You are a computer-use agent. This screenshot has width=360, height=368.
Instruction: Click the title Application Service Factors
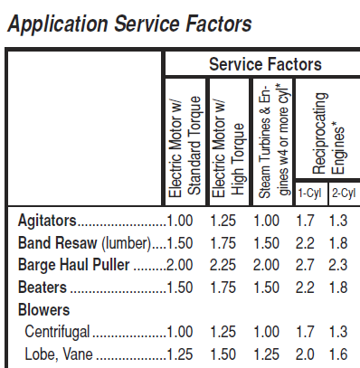pyautogui.click(x=129, y=24)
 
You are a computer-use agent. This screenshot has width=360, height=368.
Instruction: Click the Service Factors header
pyautogui.click(x=265, y=64)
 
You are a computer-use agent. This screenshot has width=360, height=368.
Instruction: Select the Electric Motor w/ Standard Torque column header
pyautogui.click(x=185, y=146)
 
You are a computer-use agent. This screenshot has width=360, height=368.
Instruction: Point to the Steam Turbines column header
pyautogui.click(x=274, y=141)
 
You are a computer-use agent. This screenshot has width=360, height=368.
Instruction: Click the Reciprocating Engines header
pyautogui.click(x=328, y=133)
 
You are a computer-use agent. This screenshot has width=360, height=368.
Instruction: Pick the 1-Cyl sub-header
pyautogui.click(x=309, y=193)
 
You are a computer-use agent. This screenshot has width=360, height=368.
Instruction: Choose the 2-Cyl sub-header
pyautogui.click(x=344, y=193)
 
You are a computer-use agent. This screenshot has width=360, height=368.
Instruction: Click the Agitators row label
pyautogui.click(x=47, y=221)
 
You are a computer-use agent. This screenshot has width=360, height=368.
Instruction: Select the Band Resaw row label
pyautogui.click(x=84, y=243)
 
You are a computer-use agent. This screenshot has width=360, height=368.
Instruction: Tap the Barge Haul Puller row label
pyautogui.click(x=74, y=265)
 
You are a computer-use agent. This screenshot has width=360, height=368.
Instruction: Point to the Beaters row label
pyautogui.click(x=43, y=288)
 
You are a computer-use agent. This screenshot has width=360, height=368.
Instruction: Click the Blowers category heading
pyautogui.click(x=43, y=310)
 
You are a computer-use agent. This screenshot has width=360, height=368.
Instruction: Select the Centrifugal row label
pyautogui.click(x=57, y=332)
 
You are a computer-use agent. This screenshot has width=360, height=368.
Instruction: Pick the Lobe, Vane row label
pyautogui.click(x=59, y=354)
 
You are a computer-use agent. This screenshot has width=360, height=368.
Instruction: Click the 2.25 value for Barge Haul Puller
pyautogui.click(x=223, y=265)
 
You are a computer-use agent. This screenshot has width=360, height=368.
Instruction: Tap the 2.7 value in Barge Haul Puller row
pyautogui.click(x=305, y=265)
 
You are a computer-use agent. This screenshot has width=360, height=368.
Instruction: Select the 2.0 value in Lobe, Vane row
pyautogui.click(x=305, y=354)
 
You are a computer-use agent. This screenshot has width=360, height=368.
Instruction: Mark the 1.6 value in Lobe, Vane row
pyautogui.click(x=338, y=354)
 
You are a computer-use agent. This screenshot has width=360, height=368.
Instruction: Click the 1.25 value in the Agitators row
pyautogui.click(x=223, y=221)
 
